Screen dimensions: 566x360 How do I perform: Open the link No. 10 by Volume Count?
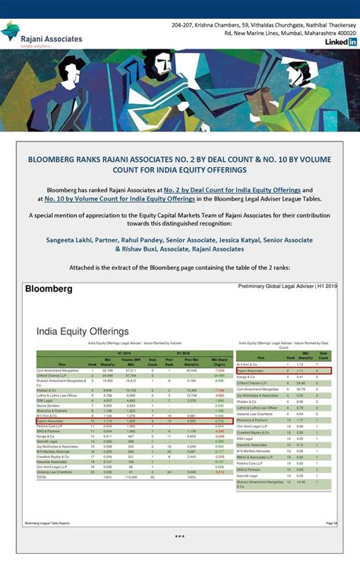point(119,198)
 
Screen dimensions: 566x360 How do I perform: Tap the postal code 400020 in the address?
point(341,33)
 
